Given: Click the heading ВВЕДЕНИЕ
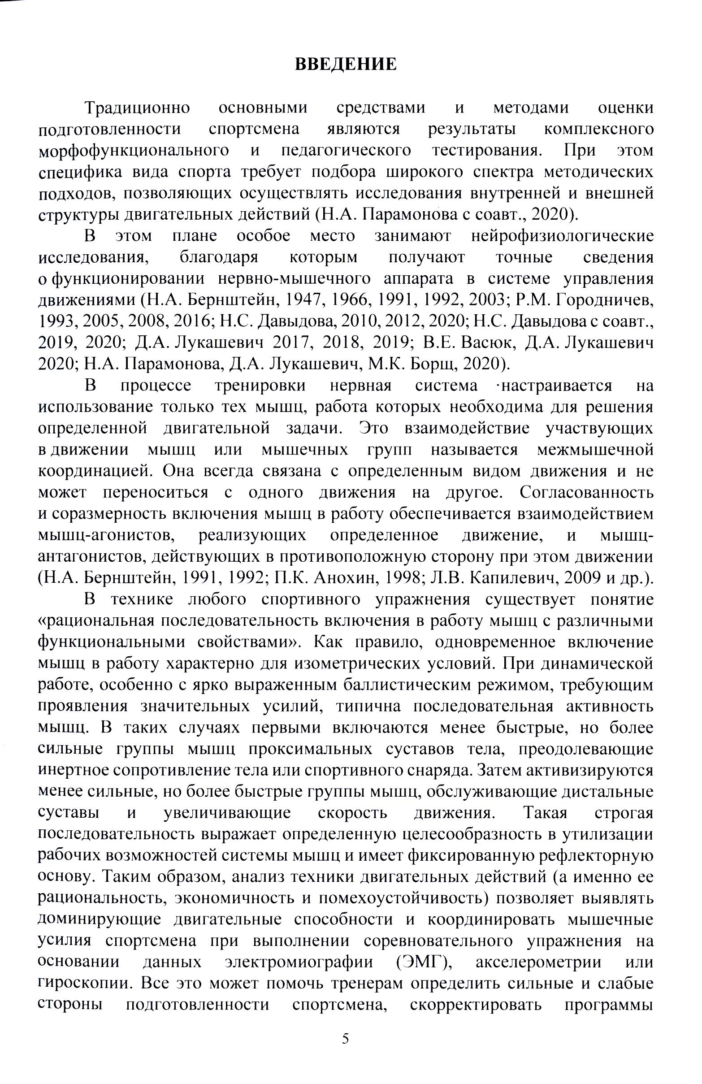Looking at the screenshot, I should click(x=346, y=64).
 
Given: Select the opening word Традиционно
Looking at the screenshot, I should click(x=137, y=108).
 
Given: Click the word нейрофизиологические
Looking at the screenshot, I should click(x=562, y=236).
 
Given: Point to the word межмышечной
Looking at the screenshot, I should click(x=595, y=450).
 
